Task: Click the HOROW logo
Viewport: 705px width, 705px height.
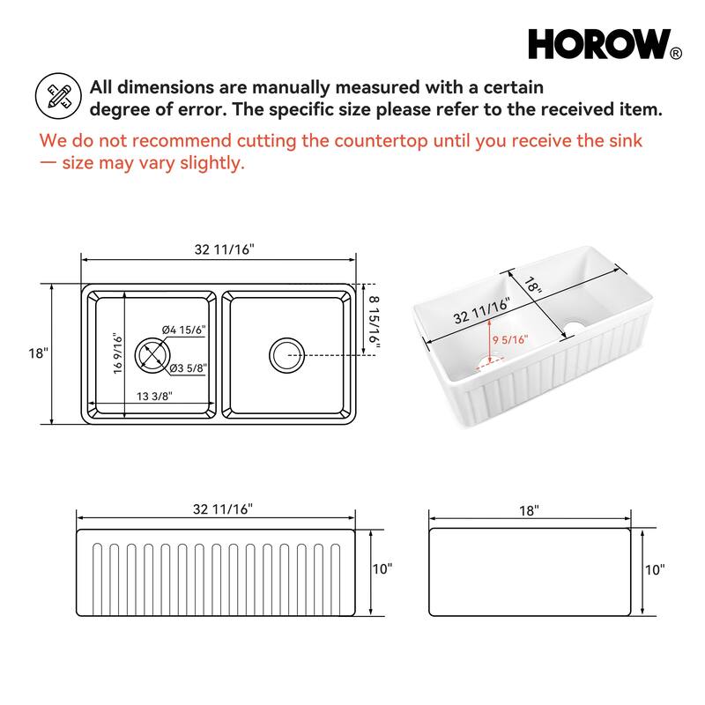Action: point(599,44)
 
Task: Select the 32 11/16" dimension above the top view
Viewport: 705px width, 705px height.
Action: point(224,249)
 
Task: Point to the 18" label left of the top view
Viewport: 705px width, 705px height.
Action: point(38,353)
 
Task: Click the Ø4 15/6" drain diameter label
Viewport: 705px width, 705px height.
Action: point(184,330)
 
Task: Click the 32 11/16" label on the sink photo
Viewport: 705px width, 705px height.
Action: point(482,313)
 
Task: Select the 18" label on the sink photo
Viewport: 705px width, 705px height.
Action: point(531,285)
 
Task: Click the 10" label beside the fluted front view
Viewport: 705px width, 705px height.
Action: point(382,569)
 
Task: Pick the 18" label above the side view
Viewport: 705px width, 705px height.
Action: point(529,509)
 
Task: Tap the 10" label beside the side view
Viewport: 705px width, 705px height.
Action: point(655,569)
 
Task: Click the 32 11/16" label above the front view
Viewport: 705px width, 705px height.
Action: point(224,509)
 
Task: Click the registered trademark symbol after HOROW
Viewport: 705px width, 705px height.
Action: point(676,54)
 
